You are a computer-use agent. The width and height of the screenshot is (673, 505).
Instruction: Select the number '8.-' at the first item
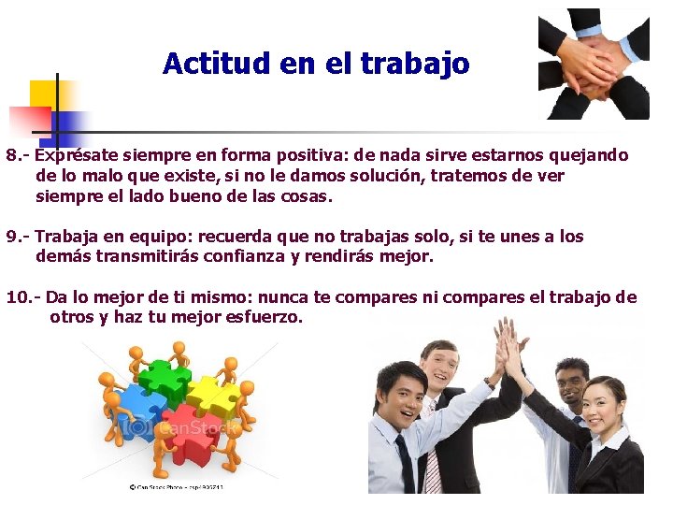point(19,155)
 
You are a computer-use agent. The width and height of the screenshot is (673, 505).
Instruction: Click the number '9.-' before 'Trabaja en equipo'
point(19,237)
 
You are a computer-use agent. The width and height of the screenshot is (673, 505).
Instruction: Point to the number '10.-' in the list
point(23,297)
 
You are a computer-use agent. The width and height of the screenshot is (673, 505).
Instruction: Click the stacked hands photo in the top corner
point(594,64)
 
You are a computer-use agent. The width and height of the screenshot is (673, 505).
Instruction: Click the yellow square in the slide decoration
point(44,94)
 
